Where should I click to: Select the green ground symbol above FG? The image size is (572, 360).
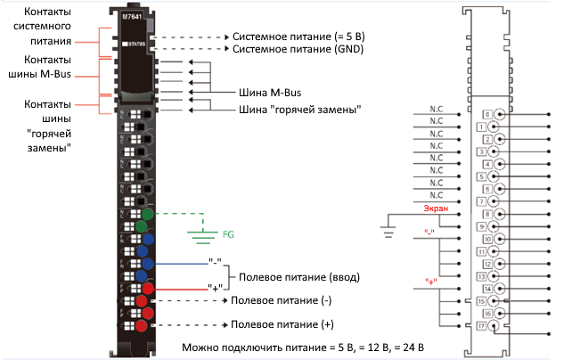(202, 233)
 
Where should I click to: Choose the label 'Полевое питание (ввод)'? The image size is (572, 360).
(296, 278)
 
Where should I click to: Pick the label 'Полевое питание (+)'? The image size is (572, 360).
(284, 325)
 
